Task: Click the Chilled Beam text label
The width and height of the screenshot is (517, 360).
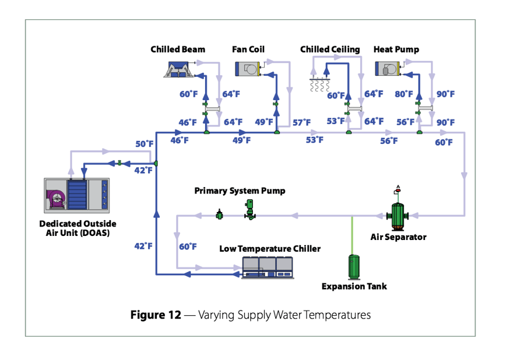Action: (178, 50)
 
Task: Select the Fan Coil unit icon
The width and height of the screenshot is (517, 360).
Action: (248, 69)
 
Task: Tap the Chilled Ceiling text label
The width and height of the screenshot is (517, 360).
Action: (330, 50)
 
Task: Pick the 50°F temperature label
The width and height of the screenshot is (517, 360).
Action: (145, 144)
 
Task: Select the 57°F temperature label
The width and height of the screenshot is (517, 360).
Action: (301, 122)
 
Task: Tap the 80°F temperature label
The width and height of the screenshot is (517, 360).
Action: (403, 94)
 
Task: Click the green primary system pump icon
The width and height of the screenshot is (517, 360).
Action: (249, 210)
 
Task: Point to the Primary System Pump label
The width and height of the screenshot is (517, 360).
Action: (240, 191)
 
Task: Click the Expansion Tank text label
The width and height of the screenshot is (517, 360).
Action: (354, 286)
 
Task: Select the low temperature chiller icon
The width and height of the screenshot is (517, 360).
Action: (267, 266)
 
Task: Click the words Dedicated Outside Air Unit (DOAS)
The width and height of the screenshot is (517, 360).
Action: (78, 228)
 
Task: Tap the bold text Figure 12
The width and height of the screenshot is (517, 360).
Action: (155, 315)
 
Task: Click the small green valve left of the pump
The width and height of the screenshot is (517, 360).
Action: (220, 215)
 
